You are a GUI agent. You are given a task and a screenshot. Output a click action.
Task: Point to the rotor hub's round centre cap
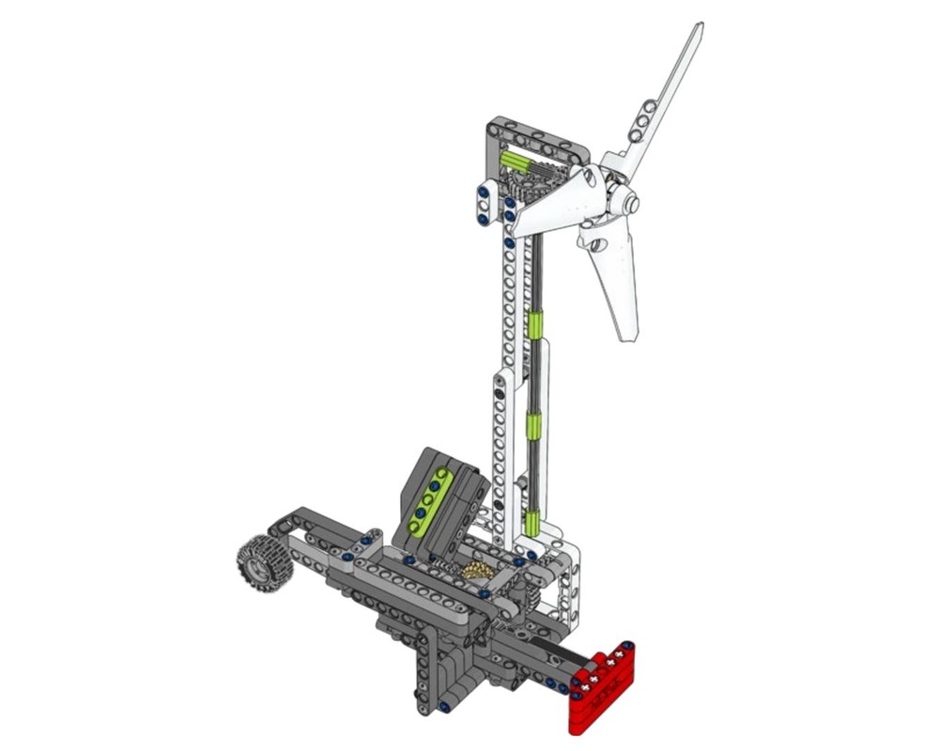[630, 202]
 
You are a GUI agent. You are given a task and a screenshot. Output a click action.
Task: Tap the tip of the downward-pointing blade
[627, 333]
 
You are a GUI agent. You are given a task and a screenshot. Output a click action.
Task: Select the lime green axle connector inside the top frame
[516, 161]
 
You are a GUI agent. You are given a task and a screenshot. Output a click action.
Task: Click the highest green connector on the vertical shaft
[535, 325]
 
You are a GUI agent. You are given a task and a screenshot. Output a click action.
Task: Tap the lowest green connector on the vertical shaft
[532, 522]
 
